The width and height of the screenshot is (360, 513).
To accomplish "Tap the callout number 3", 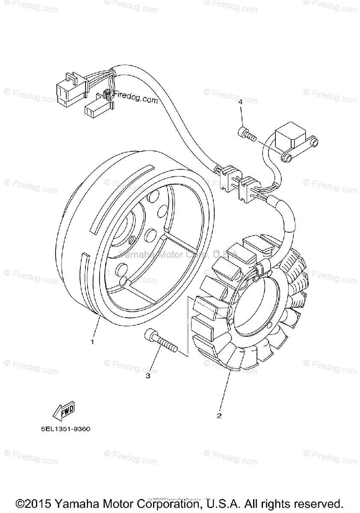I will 148,376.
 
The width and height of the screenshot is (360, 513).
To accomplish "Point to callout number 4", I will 241,102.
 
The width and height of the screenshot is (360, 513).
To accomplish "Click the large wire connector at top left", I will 71,88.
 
